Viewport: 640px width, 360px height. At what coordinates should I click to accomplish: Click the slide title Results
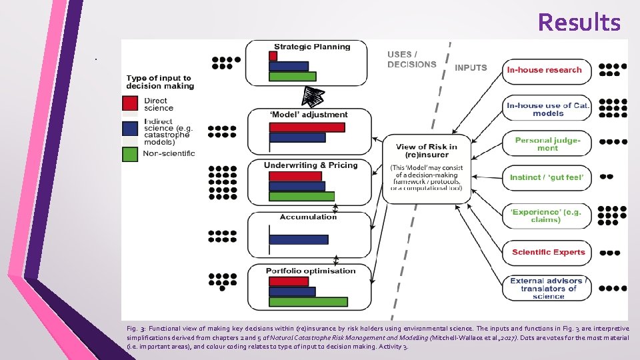point(579,23)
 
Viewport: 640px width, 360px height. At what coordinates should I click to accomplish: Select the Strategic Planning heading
point(312,47)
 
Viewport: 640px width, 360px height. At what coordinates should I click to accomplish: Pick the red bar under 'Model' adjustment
point(307,127)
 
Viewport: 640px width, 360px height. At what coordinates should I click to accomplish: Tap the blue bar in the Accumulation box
point(299,239)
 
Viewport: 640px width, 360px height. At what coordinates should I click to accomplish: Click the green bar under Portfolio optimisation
point(308,301)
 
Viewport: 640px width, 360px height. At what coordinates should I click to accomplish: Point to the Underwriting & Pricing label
point(311,165)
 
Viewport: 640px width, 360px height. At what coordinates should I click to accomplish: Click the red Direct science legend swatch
point(130,103)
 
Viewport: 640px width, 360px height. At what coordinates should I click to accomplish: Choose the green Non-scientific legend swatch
point(130,153)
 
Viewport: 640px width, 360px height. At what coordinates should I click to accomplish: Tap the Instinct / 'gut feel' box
point(546,177)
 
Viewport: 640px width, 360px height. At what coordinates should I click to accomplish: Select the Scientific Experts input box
point(547,252)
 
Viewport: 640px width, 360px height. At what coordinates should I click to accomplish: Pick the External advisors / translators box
point(547,289)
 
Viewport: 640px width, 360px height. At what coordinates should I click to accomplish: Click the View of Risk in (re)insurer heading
point(426,151)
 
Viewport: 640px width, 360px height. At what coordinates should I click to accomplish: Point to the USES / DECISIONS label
point(411,59)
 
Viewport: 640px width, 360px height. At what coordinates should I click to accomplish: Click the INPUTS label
point(471,67)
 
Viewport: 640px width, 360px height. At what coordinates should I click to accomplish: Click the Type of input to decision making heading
point(159,82)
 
